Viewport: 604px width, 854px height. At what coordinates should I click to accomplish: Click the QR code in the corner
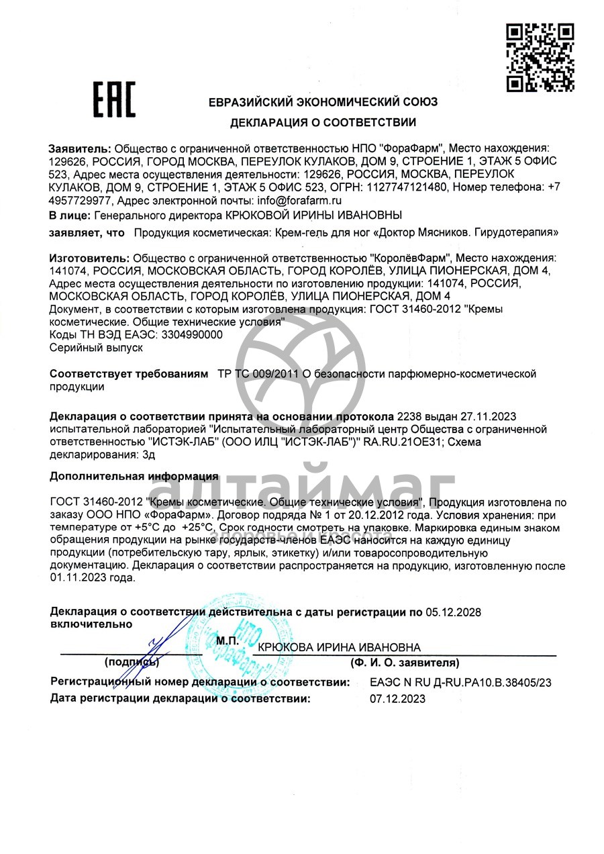tap(540, 57)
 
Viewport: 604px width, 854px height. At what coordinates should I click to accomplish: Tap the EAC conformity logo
tap(113, 99)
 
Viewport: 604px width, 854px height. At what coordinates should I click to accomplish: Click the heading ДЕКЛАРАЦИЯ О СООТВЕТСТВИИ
tap(323, 123)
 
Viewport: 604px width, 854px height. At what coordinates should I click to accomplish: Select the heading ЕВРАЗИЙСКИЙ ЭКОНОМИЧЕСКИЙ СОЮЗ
tap(323, 102)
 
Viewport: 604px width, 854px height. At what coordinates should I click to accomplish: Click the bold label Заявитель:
tap(80, 148)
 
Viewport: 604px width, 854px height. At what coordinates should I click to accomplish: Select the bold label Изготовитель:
tap(90, 258)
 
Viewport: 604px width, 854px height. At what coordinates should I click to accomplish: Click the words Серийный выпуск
tap(97, 348)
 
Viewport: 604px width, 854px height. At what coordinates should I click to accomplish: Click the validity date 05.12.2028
tap(454, 612)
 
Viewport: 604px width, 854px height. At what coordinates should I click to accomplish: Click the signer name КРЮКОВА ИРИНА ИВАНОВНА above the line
tap(339, 647)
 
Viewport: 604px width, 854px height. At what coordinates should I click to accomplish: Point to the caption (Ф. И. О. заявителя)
tap(404, 663)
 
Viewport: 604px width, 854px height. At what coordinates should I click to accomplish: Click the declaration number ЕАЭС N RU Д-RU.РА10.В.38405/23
tap(460, 683)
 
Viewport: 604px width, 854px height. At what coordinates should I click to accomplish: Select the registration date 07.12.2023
tap(397, 699)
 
